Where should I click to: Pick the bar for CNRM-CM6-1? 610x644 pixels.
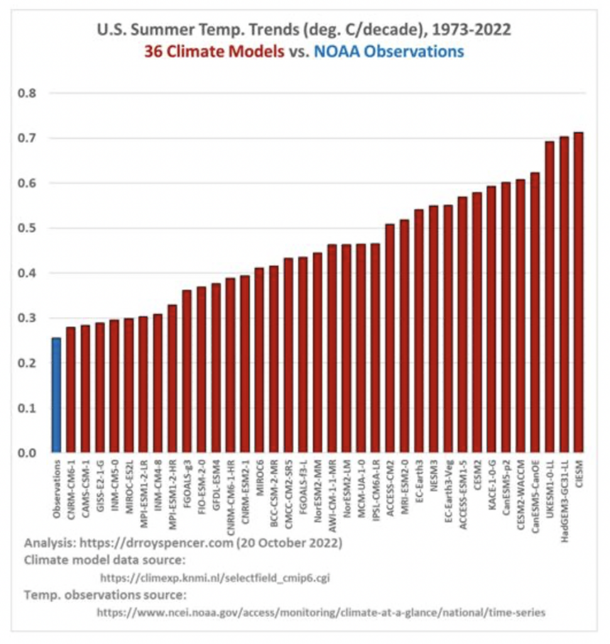pos(71,389)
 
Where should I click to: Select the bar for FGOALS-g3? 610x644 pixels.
pos(187,371)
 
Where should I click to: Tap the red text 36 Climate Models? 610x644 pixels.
pos(214,52)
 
